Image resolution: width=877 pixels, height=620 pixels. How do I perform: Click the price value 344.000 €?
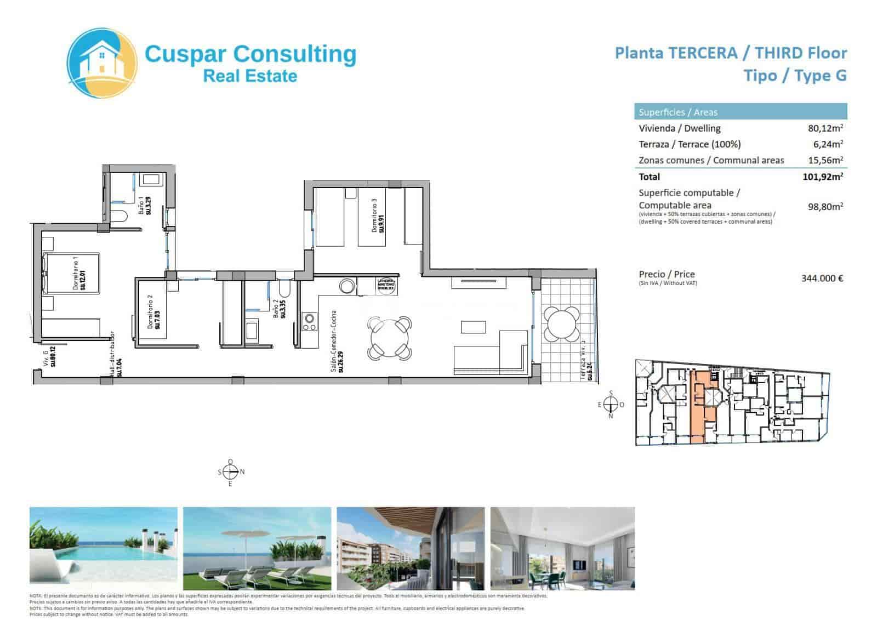(x=822, y=278)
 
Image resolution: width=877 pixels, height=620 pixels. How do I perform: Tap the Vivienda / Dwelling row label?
(x=679, y=128)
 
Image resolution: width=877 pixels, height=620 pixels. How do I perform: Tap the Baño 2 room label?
(x=279, y=308)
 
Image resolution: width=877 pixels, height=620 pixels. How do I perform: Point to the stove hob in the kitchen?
(x=309, y=322)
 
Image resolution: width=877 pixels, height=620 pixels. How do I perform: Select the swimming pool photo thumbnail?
(x=104, y=545)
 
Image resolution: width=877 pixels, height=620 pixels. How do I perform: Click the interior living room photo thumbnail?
(x=562, y=545)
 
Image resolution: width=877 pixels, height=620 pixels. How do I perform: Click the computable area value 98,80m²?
(x=825, y=207)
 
